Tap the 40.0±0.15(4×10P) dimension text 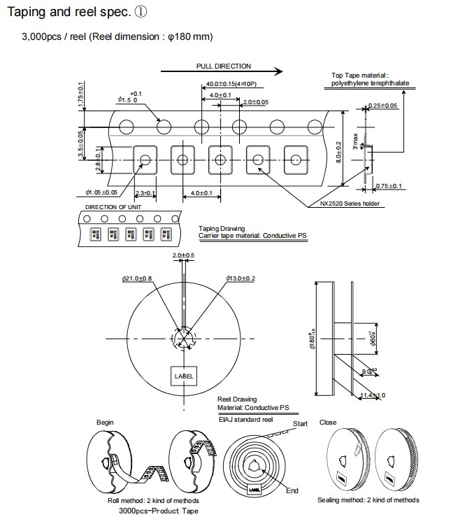tap(231, 85)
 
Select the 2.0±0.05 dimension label tap(255, 102)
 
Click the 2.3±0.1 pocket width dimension tap(144, 192)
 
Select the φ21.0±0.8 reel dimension tap(138, 278)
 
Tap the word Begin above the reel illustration tap(105, 423)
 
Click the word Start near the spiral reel tap(301, 424)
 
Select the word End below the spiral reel tap(292, 490)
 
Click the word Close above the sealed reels tap(327, 423)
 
